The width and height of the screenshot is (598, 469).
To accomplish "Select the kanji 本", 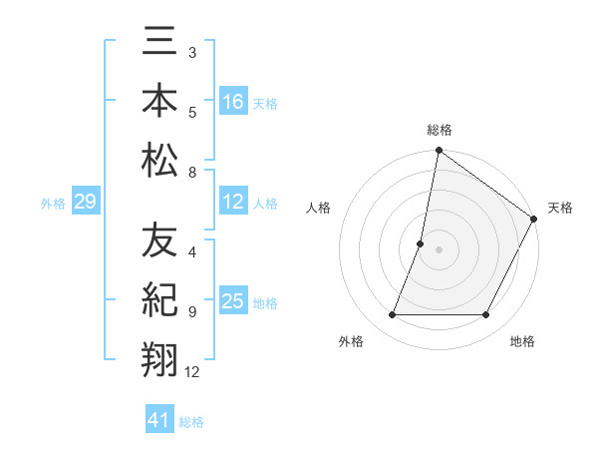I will [159, 102].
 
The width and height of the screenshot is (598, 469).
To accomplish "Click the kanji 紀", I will [159, 300].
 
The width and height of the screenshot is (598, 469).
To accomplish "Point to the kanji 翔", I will [159, 357].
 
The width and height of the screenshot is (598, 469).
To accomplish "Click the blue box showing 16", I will [233, 102].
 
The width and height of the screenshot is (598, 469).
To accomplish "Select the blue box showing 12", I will [233, 203].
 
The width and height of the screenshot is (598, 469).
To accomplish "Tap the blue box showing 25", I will [233, 301].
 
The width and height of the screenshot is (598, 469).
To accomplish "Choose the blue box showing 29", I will [85, 203].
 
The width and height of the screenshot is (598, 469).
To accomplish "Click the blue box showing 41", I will [159, 421].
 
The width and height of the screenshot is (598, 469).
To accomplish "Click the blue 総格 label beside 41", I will [191, 422].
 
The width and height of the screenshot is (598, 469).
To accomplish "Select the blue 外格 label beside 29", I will [53, 204].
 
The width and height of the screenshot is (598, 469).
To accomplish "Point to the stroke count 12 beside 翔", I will [192, 372].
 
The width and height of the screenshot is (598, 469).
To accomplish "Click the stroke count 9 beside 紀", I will [192, 312].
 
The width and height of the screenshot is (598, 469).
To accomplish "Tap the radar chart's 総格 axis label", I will [439, 131].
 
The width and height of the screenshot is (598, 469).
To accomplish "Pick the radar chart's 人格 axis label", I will [319, 208].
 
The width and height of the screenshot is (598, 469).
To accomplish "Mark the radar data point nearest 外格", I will [392, 315].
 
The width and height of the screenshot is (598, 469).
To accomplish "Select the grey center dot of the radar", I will [439, 249].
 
